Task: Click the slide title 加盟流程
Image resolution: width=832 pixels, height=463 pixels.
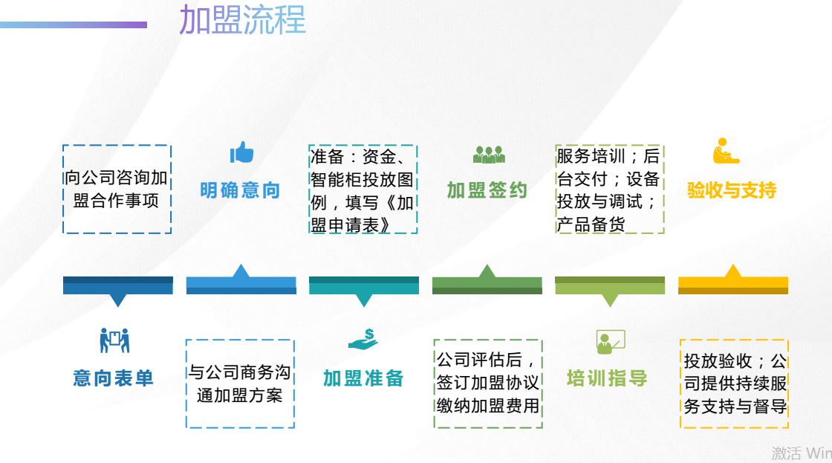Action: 242,19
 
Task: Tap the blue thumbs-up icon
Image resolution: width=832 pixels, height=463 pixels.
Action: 241,152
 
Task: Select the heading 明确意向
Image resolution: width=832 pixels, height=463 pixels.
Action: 240,190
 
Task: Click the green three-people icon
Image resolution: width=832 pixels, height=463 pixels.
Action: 489,155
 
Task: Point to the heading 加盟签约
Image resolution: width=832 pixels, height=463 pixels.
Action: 487,190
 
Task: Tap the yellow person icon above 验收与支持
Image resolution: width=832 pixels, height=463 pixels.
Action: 726,151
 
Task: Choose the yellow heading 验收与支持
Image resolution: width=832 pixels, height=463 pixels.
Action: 732,190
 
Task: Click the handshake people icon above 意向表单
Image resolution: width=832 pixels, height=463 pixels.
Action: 114,340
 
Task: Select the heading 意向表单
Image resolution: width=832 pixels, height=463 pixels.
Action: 113,378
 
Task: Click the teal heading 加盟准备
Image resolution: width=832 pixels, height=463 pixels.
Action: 363,378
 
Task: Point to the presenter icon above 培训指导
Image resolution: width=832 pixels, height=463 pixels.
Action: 610,342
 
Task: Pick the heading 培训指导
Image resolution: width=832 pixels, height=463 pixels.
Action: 607,378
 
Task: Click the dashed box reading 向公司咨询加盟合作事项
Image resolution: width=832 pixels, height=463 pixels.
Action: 117,189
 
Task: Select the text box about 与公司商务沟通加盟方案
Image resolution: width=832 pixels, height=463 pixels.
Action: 240,383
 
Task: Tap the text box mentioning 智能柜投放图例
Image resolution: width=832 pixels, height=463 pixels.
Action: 363,189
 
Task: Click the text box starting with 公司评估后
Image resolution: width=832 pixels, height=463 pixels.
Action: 487,383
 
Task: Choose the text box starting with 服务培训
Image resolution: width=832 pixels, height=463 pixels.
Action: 609,189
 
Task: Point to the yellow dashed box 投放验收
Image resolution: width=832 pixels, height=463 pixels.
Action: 735,383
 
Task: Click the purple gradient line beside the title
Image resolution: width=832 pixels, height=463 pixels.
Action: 74,25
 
